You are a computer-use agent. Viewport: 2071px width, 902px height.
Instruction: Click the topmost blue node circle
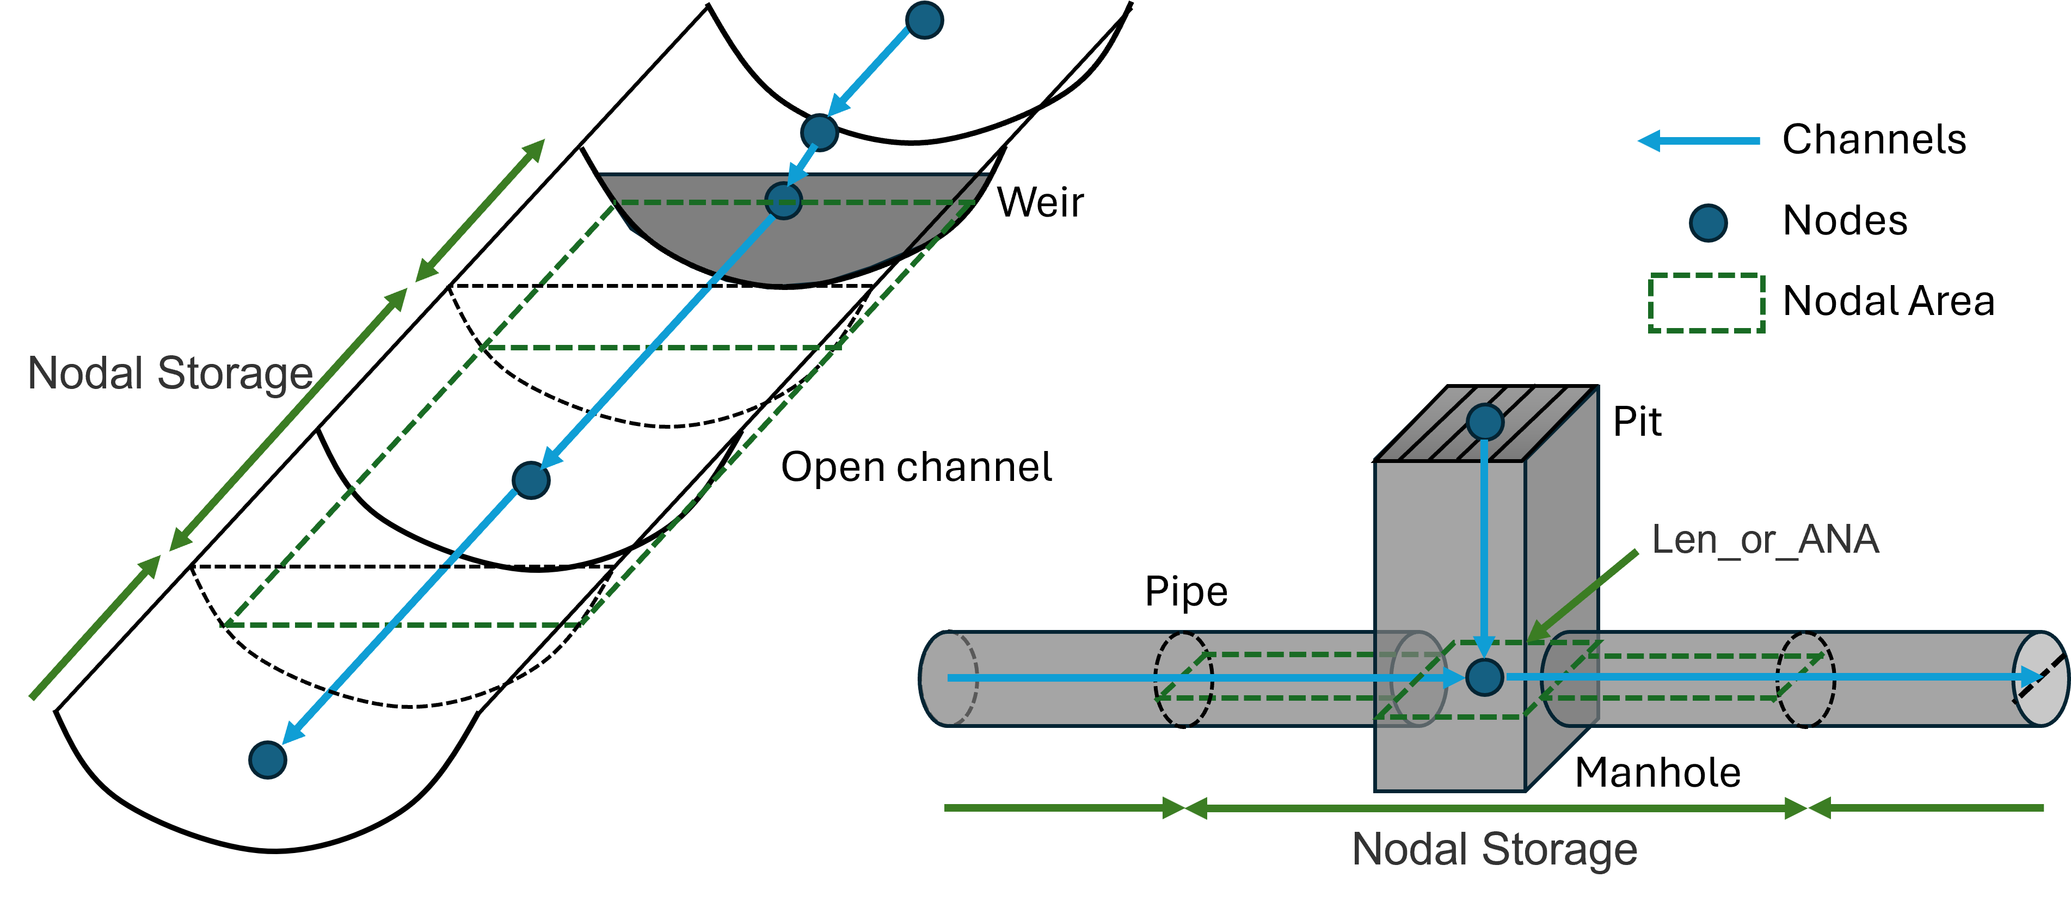(x=924, y=20)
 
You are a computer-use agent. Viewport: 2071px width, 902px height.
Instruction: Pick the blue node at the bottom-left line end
(x=268, y=759)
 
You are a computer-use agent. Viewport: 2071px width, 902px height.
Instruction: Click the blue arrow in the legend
(x=1698, y=141)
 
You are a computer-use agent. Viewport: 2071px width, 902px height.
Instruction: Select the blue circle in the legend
(x=1707, y=223)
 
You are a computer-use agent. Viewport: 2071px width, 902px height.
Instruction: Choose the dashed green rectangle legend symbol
(x=1706, y=303)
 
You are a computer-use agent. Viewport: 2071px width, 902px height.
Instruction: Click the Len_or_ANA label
(x=1765, y=540)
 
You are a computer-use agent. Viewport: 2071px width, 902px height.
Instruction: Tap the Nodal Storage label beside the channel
(x=170, y=374)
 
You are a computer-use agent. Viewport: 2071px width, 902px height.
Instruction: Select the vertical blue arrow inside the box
(x=1484, y=547)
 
